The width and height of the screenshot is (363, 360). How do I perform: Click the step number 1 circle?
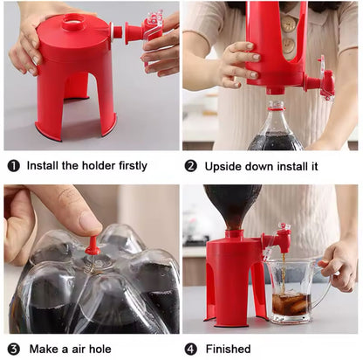pyautogui.click(x=13, y=166)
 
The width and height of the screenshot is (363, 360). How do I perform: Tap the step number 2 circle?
pyautogui.click(x=191, y=166)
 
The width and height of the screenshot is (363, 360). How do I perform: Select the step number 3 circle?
pyautogui.click(x=13, y=350)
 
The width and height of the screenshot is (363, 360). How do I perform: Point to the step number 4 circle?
pyautogui.click(x=191, y=350)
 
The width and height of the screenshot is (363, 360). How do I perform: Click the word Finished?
pyautogui.click(x=228, y=349)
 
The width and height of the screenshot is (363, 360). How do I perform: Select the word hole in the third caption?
pyautogui.click(x=99, y=349)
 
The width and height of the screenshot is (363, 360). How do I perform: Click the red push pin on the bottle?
pyautogui.click(x=92, y=246)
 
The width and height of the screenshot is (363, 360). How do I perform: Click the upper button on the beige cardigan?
pyautogui.click(x=289, y=24)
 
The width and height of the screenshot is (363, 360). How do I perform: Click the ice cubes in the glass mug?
pyautogui.click(x=291, y=303)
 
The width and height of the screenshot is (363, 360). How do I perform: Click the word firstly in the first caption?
pyautogui.click(x=133, y=166)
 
